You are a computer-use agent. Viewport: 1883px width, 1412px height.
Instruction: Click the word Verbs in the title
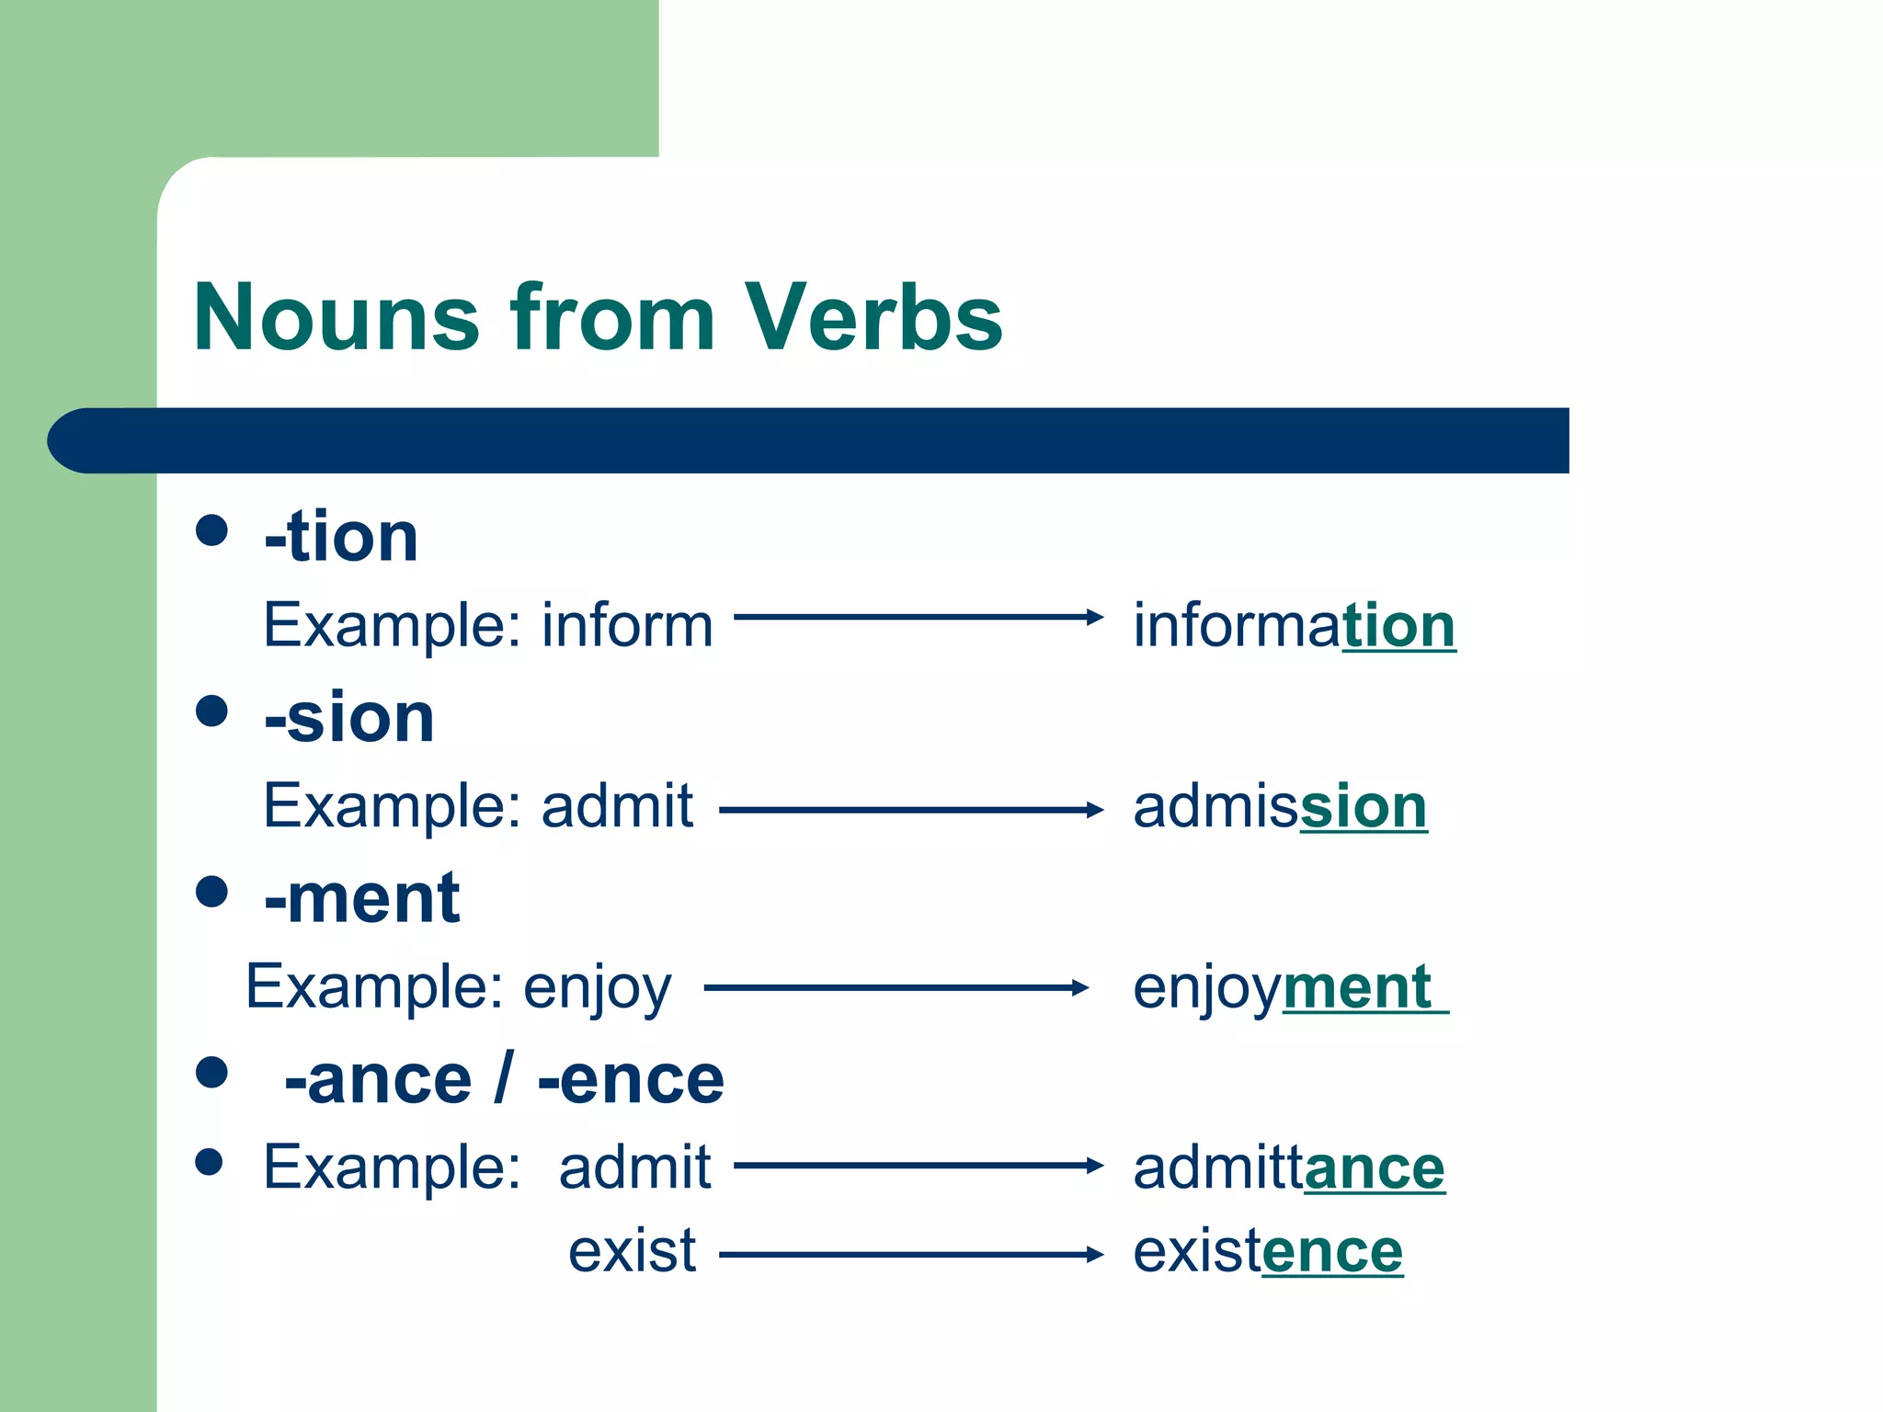[873, 317]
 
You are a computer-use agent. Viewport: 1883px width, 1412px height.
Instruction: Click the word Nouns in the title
[337, 317]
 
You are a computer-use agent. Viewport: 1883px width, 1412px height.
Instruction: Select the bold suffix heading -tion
[341, 537]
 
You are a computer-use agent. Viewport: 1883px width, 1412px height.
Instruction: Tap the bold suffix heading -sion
[349, 718]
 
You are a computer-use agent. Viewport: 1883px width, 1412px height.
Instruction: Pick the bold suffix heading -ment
[362, 898]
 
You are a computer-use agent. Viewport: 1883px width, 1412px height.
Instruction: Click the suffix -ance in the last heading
[378, 1079]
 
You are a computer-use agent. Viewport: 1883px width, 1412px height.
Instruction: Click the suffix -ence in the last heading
[632, 1079]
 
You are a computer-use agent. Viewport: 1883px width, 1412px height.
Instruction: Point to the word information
[1294, 625]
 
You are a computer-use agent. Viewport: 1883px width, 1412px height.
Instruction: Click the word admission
[1280, 806]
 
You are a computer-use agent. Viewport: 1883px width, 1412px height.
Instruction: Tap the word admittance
[1288, 1167]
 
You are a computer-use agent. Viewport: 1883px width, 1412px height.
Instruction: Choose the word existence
[1268, 1251]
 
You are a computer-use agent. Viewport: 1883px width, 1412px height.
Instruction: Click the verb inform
[627, 625]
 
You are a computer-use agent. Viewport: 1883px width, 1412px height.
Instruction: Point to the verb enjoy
[598, 987]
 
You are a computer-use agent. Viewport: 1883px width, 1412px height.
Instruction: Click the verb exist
[633, 1251]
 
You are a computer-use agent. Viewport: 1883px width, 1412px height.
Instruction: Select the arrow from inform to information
[918, 617]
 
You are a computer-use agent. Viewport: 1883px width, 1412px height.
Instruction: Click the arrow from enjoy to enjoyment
[896, 988]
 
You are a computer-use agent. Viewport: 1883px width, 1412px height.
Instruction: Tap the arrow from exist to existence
[910, 1255]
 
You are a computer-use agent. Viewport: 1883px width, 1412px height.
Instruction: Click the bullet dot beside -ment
[211, 892]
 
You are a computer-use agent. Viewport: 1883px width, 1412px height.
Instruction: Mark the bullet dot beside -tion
[211, 530]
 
